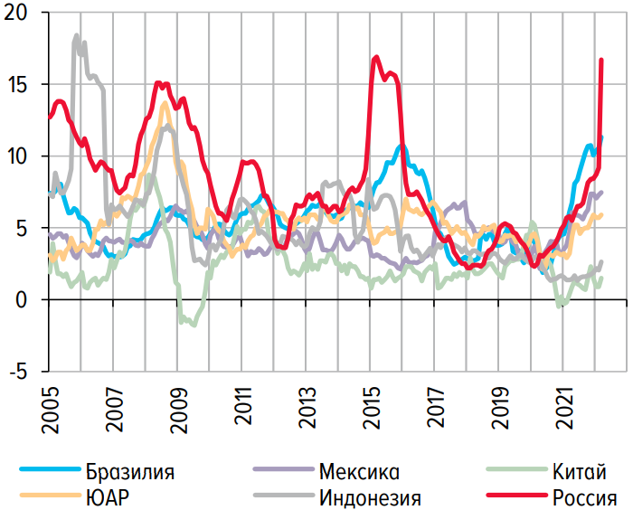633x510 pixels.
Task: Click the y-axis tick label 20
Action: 18,14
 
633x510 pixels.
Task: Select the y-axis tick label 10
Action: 18,156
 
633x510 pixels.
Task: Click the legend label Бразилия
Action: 130,471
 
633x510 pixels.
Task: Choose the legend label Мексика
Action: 359,471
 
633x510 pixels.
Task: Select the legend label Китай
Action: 579,471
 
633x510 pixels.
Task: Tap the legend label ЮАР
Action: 107,496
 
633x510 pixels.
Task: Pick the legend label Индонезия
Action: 370,496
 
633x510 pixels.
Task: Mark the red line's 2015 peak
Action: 375,57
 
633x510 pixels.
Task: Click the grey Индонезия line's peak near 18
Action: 77,36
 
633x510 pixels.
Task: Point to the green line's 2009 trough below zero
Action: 192,324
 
